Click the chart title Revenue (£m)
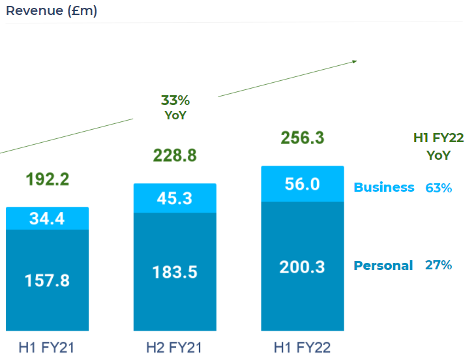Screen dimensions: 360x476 52,11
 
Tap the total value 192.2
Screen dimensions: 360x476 47,179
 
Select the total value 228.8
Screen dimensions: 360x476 175,155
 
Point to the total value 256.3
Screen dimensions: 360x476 303,138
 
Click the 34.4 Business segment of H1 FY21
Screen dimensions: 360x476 47,219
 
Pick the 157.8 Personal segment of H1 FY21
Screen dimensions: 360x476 47,280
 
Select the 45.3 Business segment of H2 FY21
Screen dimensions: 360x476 175,198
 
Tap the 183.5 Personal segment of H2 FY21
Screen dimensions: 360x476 175,271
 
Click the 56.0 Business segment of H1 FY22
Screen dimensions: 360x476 303,185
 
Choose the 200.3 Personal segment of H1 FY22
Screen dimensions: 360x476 303,266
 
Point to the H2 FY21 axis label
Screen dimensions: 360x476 175,347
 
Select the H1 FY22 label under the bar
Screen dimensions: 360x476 303,347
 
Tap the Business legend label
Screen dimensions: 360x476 383,187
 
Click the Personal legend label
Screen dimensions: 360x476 383,265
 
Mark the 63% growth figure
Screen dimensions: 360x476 438,188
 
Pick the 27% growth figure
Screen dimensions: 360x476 438,265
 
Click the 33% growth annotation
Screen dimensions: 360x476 175,100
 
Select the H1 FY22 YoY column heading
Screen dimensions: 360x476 438,146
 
